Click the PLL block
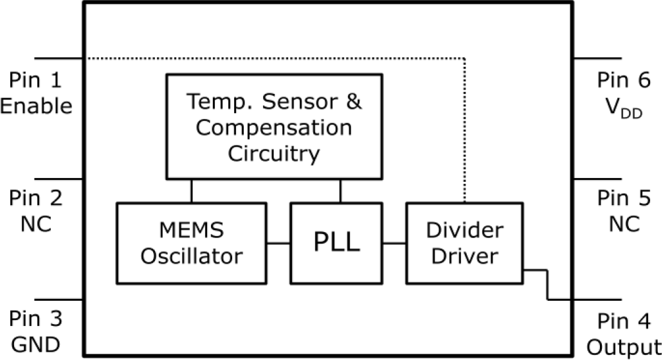pos(335,243)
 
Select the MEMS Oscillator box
pos(192,243)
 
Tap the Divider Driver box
pos(464,243)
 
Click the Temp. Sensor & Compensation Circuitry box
pos(275,126)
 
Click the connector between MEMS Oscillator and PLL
pos(278,243)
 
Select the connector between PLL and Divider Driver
pos(393,243)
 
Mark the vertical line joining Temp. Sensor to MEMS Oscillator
pos(191,190)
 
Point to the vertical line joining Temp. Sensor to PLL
pos(340,190)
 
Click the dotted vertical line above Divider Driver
pos(464,129)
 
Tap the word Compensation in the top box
pos(274,127)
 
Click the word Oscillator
pos(192,256)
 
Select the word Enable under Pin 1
pos(36,105)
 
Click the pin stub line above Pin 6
pos(597,58)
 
